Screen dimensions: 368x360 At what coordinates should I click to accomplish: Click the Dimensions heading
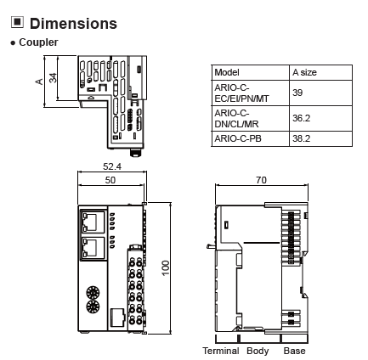coord(73,24)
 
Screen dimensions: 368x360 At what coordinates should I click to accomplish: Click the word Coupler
coord(38,42)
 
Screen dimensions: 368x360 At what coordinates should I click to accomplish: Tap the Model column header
coord(227,72)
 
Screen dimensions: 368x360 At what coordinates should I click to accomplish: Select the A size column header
coord(304,72)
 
